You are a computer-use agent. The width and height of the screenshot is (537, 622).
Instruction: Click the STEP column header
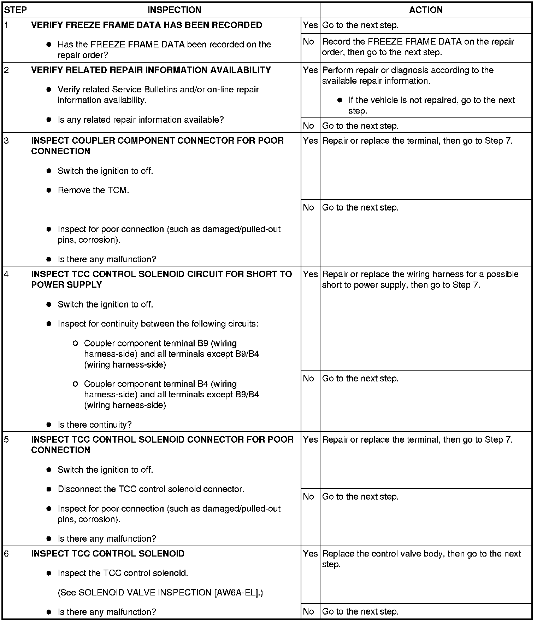[16, 10]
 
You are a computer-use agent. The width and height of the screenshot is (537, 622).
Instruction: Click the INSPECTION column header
[175, 10]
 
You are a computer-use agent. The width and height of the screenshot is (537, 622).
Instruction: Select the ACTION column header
[426, 10]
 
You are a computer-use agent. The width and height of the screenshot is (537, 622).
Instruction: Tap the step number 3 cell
[7, 141]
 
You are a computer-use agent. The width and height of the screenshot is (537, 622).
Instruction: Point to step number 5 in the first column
[7, 439]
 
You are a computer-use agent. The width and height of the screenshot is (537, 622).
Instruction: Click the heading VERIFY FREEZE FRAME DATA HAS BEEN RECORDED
[147, 25]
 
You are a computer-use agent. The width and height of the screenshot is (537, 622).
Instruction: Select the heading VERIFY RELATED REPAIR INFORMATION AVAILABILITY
[151, 70]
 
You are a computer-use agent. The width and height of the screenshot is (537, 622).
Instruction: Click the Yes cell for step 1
[310, 25]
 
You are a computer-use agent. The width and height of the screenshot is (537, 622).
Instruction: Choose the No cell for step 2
[308, 126]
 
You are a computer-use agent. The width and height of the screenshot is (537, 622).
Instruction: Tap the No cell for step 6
[308, 611]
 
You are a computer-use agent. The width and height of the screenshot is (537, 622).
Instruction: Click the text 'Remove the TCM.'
[93, 190]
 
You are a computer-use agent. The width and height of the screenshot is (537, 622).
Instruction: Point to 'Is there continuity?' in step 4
[94, 425]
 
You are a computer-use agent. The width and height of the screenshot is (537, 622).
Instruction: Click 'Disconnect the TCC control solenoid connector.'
[151, 489]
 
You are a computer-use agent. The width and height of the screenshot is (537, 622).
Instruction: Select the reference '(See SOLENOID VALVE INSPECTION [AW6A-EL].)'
[160, 592]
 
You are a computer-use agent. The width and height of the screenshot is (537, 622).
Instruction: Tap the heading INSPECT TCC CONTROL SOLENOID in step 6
[108, 554]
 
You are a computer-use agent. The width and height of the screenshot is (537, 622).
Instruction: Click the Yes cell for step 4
[310, 274]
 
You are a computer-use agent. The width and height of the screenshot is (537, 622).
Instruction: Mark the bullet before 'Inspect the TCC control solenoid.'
[49, 573]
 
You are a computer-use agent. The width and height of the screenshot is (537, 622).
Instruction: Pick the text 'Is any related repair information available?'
[141, 120]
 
